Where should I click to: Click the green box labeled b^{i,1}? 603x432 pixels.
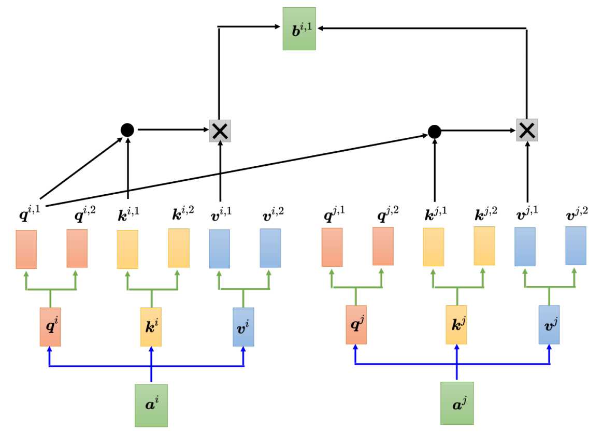coord(299,28)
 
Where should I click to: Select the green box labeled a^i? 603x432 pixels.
coord(151,405)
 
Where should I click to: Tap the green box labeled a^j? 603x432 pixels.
coord(457,403)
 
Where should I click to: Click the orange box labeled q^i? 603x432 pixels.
coord(50,327)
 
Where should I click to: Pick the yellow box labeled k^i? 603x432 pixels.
coord(151,327)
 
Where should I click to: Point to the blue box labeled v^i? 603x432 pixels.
coord(243,327)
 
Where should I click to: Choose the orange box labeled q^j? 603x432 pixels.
coord(356,325)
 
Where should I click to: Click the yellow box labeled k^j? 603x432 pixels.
coord(456,325)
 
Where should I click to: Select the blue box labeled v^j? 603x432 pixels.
coord(549,325)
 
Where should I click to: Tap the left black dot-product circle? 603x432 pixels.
coord(127,130)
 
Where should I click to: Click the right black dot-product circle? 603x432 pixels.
coord(435,132)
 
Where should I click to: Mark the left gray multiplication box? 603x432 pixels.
coord(220,131)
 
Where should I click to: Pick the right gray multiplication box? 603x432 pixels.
coord(527,130)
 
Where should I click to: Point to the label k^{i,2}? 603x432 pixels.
coord(183,213)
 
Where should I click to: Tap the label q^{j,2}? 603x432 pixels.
coord(387,214)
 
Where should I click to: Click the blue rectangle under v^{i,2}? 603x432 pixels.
coord(270,248)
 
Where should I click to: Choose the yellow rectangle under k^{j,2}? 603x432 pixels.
coord(484,246)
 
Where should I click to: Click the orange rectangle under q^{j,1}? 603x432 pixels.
coord(332,247)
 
